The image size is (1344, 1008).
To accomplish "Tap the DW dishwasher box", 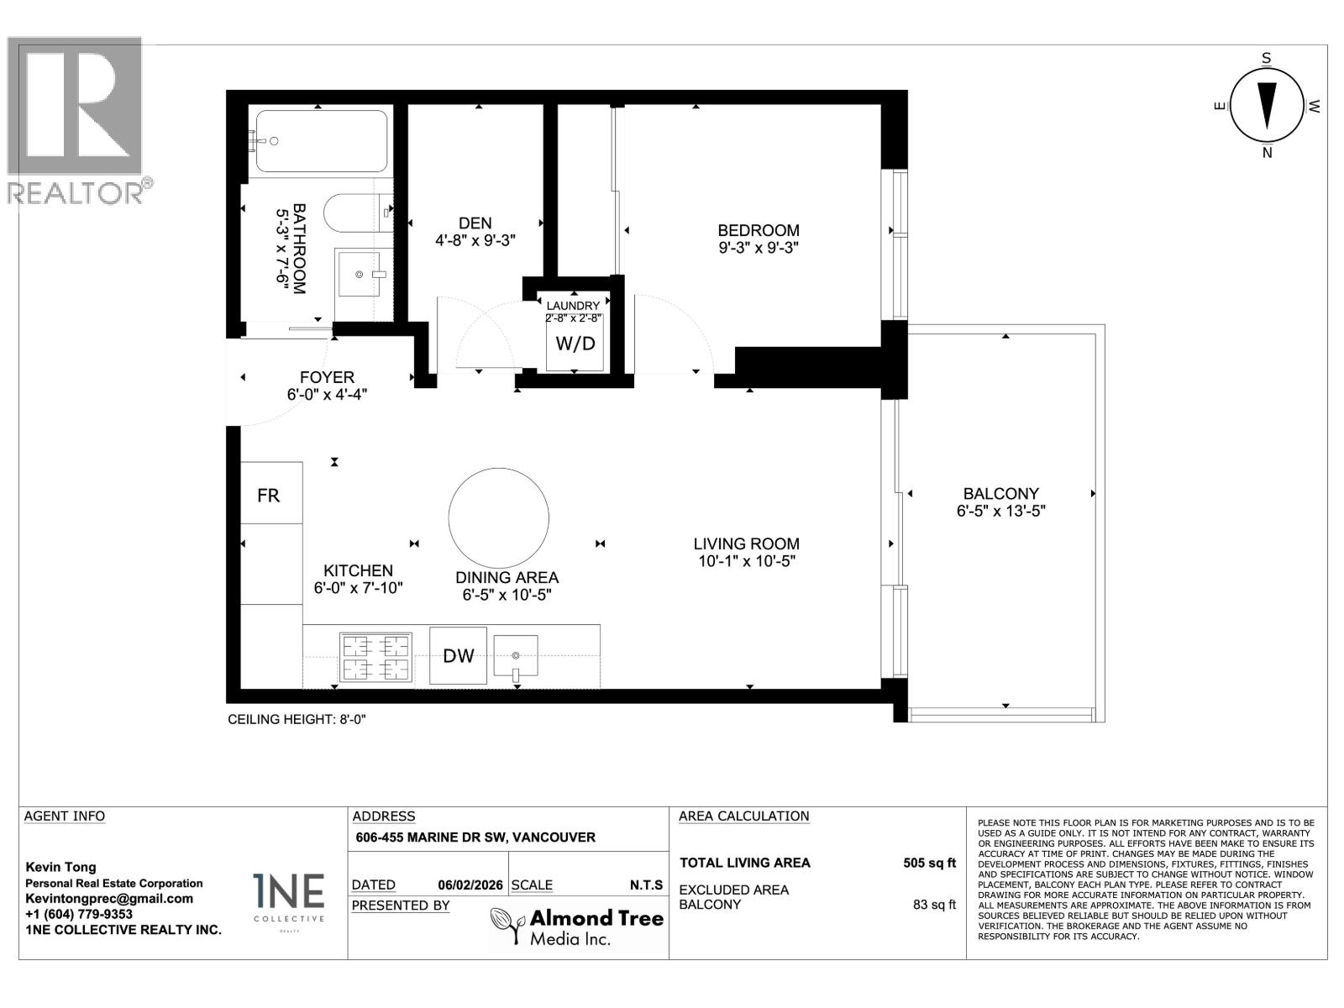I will pos(458,655).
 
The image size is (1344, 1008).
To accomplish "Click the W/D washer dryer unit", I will pos(575,343).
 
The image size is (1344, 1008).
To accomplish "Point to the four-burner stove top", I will pos(375,657).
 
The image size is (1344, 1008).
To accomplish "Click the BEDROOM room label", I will pos(758,230).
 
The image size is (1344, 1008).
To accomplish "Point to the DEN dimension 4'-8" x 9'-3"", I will pos(475,239).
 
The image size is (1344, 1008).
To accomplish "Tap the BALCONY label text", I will pos(1000,494).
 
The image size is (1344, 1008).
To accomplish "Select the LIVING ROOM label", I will pos(746,543).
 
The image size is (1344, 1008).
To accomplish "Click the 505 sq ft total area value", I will pos(929,863).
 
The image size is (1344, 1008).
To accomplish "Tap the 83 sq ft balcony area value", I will pos(934,905).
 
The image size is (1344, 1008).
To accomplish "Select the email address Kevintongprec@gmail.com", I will pos(109,898).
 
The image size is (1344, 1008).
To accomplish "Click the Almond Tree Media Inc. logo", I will pos(577,927).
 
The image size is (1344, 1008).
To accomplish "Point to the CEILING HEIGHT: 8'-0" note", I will pos(297,720).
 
